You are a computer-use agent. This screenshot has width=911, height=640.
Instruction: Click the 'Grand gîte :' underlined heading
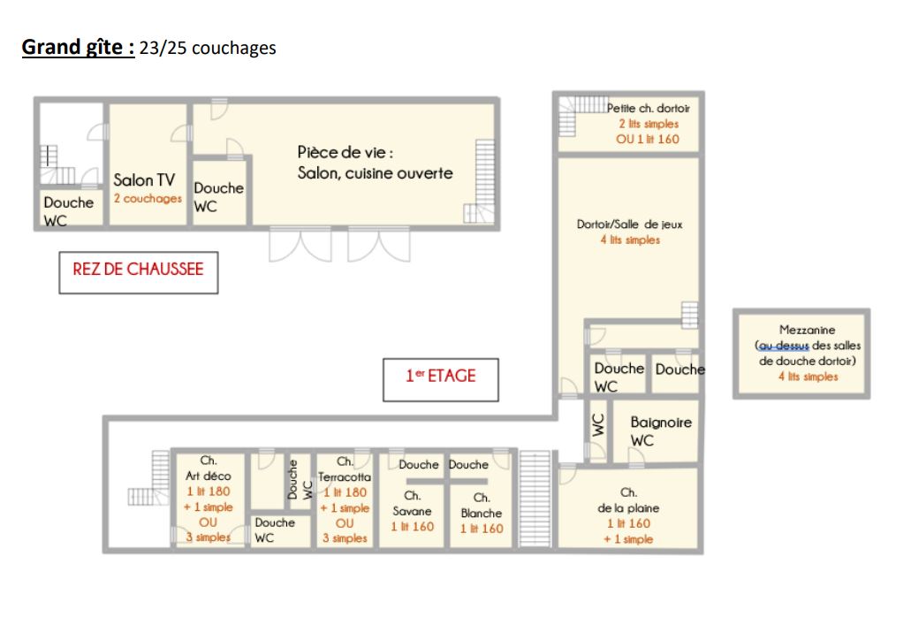[78, 47]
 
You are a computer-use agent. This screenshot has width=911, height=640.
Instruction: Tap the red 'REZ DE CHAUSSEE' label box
[138, 272]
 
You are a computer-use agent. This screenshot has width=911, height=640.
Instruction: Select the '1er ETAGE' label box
[440, 379]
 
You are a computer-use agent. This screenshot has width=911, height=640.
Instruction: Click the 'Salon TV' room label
[144, 179]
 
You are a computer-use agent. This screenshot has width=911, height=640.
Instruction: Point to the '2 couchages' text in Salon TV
[148, 198]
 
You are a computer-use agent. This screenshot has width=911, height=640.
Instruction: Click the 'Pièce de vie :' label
[345, 152]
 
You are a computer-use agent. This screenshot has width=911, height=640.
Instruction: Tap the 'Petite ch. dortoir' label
[649, 108]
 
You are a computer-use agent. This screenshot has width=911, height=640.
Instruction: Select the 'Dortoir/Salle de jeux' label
[629, 225]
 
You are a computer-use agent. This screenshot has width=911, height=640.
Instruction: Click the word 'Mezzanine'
[807, 330]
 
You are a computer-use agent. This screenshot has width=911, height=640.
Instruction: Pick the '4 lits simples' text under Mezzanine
[809, 377]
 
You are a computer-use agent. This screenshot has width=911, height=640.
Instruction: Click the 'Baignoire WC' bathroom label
[661, 430]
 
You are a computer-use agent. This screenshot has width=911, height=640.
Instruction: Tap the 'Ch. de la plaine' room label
[628, 500]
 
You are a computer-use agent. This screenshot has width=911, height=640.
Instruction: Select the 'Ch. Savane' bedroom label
[412, 503]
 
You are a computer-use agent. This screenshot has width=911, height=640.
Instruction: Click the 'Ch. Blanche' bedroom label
[481, 505]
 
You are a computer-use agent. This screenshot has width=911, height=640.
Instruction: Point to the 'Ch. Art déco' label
[208, 468]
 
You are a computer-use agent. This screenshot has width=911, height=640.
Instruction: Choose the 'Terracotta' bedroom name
[345, 476]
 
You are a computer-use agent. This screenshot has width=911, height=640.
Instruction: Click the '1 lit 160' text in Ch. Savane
[412, 527]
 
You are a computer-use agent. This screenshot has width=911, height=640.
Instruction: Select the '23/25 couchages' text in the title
[208, 48]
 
